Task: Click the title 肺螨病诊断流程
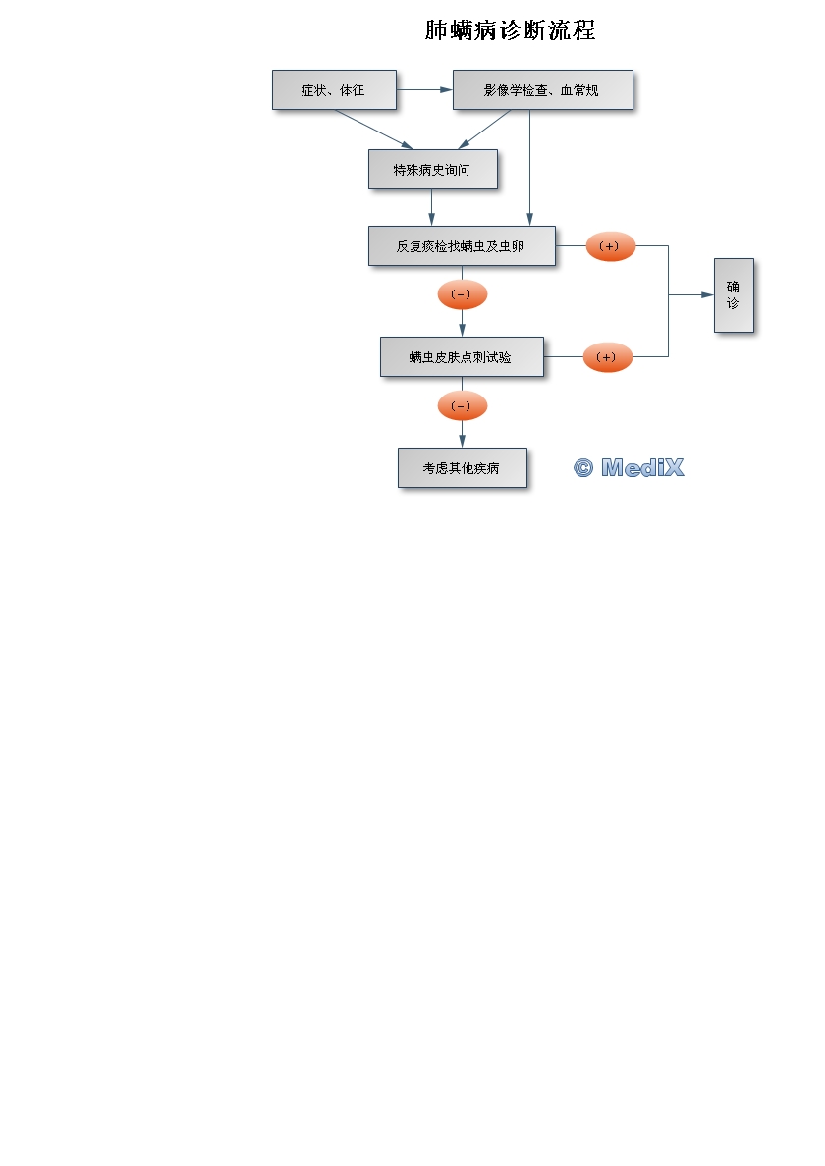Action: point(510,30)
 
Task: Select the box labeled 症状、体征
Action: point(334,89)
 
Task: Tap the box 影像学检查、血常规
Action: point(542,89)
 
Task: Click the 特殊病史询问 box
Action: point(432,169)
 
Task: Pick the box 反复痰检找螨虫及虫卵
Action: point(462,245)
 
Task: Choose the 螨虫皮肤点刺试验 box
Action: point(462,356)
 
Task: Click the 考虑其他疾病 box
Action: point(462,467)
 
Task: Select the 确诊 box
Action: point(734,294)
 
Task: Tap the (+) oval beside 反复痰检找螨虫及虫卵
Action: point(610,246)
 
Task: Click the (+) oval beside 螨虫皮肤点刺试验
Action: point(607,357)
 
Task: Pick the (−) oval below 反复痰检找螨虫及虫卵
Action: point(462,294)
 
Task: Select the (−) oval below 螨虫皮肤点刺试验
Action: point(462,405)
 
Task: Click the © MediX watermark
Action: point(628,467)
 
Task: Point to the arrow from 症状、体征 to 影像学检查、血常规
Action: point(424,89)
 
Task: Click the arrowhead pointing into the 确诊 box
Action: point(707,294)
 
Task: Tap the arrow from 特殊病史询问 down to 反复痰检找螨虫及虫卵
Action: point(432,207)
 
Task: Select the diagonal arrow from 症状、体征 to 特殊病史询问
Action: point(373,129)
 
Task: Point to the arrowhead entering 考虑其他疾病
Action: point(462,442)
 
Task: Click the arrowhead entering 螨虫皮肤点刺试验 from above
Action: point(462,330)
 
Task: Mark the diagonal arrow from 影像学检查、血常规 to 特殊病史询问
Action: point(485,129)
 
